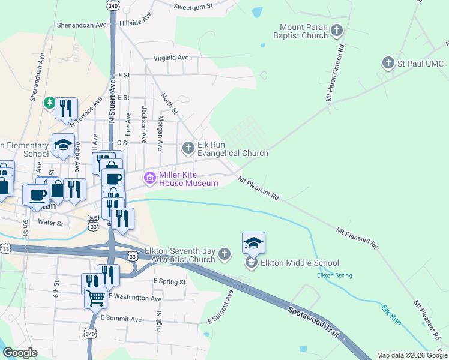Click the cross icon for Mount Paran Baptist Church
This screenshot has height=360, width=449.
337,29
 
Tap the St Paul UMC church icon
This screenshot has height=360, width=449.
388,62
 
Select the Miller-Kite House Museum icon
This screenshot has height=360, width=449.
149,178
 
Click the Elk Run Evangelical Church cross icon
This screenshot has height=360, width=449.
188,147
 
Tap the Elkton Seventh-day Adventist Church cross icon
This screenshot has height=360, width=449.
224,254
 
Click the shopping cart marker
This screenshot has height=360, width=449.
96,296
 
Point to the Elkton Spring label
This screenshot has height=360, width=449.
334,275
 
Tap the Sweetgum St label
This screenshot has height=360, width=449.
193,6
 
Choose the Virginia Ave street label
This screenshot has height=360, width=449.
171,58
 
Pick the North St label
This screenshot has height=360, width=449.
169,103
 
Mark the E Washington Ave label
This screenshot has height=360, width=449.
136,298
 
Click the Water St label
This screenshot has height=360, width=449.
50,223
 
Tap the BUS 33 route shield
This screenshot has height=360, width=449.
93,223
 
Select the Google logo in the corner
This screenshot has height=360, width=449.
20,353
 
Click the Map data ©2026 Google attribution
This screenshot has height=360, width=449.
411,355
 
